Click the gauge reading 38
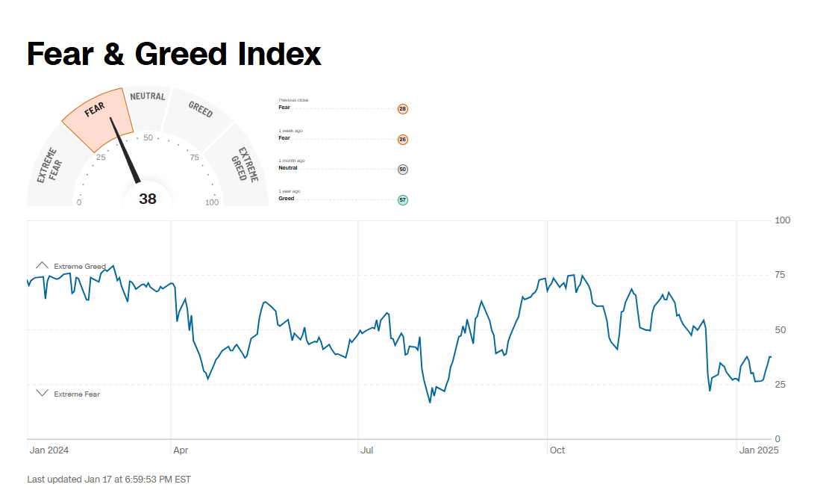pos(148,199)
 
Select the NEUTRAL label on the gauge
pos(147,96)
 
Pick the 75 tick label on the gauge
pos(194,157)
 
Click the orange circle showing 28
pos(403,109)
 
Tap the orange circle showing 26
pos(403,140)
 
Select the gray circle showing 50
pos(403,170)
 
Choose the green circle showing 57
pos(403,200)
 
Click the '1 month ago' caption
pos(292,161)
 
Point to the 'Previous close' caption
pos(293,100)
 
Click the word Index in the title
pos(280,54)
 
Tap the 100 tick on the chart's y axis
pos(783,220)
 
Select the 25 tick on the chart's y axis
pos(780,385)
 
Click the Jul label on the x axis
pos(366,450)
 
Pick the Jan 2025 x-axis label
pos(758,450)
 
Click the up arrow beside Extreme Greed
pos(42,265)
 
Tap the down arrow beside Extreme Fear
pos(42,393)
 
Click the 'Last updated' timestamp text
pos(109,479)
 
